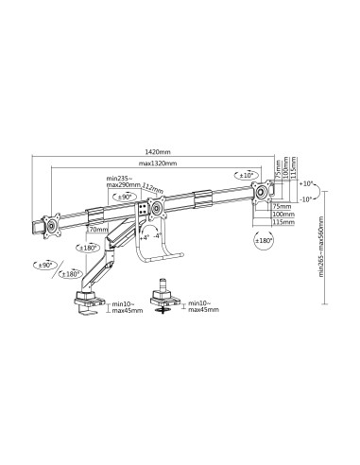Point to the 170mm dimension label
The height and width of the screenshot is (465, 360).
point(95,229)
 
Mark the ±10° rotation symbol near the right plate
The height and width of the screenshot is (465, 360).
point(248,176)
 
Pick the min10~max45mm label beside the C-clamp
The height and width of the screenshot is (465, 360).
point(126,307)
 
